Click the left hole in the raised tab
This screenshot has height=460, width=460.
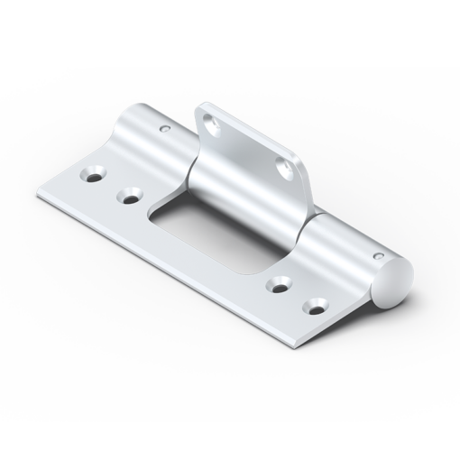click(213, 124)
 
